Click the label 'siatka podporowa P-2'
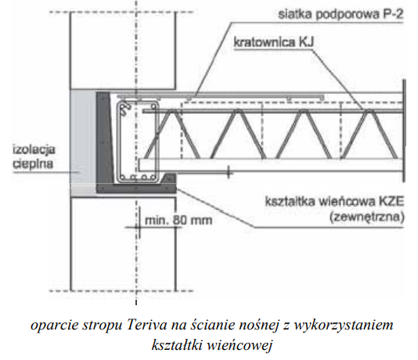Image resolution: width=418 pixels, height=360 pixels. (x=341, y=14)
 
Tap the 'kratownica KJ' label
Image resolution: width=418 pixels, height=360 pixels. (x=274, y=42)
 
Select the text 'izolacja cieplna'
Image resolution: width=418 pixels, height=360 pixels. (x=34, y=157)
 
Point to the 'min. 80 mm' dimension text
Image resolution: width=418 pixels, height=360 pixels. (x=178, y=221)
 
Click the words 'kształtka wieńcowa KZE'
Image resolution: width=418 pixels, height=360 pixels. (x=334, y=201)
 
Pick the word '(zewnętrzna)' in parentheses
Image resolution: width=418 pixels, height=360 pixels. (x=367, y=217)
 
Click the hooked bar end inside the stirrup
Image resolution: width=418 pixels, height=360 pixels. (x=125, y=109)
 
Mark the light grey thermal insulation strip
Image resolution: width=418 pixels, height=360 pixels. (x=83, y=137)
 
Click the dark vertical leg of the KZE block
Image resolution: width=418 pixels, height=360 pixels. (x=105, y=138)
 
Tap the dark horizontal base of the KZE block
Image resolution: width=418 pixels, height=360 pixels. (x=136, y=188)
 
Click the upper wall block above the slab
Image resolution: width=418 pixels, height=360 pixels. (x=123, y=51)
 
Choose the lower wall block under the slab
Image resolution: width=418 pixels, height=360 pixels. (x=123, y=244)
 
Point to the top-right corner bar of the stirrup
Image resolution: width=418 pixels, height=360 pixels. (x=153, y=107)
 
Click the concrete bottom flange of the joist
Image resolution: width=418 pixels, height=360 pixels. (x=270, y=165)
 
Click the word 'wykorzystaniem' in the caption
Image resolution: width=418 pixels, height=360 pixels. (x=344, y=326)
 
